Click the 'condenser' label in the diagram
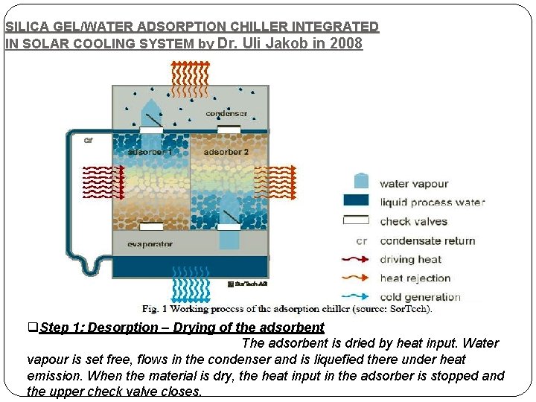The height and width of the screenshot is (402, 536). (226, 113)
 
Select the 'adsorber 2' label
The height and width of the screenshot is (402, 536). (226, 152)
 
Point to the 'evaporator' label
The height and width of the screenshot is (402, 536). (150, 244)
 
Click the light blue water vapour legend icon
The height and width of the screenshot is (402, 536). (361, 181)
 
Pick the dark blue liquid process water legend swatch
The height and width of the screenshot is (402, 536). (357, 201)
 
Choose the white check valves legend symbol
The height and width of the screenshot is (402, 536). (357, 220)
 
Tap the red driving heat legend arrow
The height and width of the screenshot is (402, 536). (357, 260)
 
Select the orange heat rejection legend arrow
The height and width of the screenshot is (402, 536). (357, 278)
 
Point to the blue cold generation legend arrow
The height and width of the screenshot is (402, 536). (357, 297)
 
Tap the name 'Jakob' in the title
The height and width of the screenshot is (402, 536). (287, 43)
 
